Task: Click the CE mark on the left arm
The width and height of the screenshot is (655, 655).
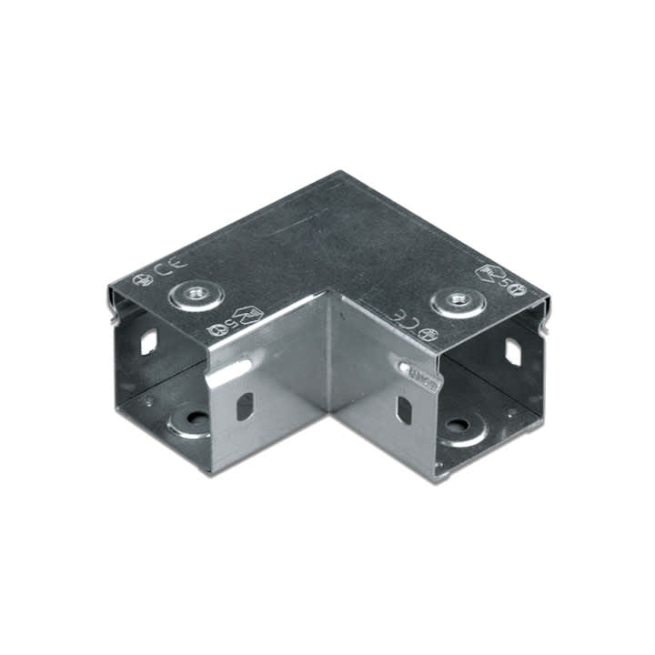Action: point(166,269)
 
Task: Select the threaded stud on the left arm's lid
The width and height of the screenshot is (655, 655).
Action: point(193,293)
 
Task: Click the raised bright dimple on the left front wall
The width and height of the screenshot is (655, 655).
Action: point(233,370)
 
